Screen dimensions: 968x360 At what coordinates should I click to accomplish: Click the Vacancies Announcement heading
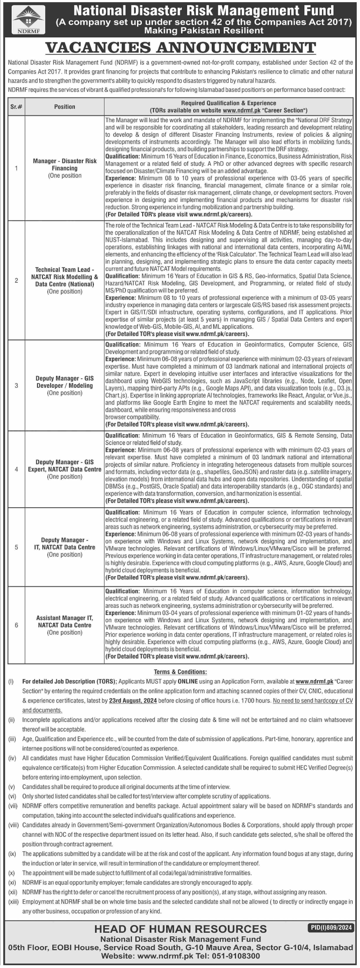pyautogui.click(x=180, y=48)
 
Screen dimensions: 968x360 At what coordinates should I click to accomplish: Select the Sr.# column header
pyautogui.click(x=16, y=107)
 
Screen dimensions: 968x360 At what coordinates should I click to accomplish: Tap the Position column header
pyautogui.click(x=65, y=107)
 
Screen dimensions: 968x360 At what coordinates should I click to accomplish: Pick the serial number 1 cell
pyautogui.click(x=16, y=168)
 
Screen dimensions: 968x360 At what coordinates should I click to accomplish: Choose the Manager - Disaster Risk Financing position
pyautogui.click(x=65, y=168)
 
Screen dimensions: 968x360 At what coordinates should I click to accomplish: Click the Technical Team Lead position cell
pyautogui.click(x=65, y=280)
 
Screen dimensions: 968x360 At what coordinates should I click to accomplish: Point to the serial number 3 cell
pyautogui.click(x=16, y=386)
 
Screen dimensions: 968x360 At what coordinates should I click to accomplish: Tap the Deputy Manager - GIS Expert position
pyautogui.click(x=65, y=469)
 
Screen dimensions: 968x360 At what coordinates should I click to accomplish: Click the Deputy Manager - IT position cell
pyautogui.click(x=65, y=547)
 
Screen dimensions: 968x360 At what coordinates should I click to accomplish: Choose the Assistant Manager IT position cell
pyautogui.click(x=65, y=625)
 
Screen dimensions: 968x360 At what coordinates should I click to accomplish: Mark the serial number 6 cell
pyautogui.click(x=16, y=625)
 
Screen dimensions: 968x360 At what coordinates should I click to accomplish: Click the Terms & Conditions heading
pyautogui.click(x=180, y=672)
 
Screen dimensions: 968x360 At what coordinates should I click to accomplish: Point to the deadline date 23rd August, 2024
pyautogui.click(x=133, y=700)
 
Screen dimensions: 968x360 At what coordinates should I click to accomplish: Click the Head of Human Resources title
pyautogui.click(x=180, y=929)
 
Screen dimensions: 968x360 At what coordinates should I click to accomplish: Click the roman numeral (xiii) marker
pyautogui.click(x=13, y=902)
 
